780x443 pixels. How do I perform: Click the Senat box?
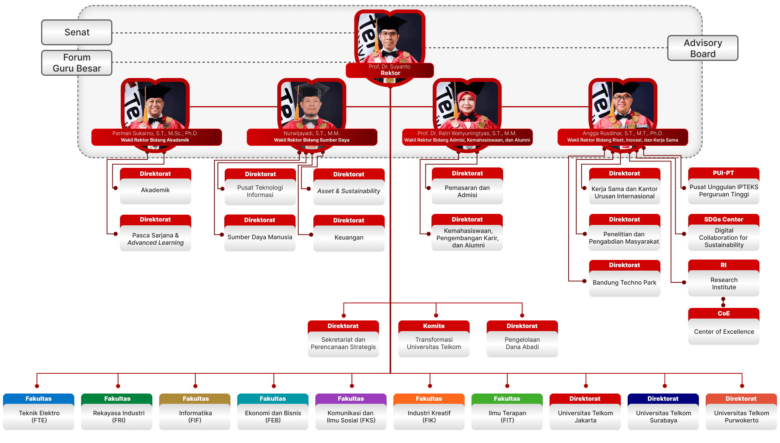point(77,32)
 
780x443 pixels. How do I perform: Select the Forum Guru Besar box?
point(77,63)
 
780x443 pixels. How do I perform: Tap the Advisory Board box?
point(703,48)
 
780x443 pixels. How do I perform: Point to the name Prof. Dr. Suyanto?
point(389,67)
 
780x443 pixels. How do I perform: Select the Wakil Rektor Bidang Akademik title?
point(155,140)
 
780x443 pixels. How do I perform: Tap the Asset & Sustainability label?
point(349,191)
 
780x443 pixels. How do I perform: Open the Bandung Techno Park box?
point(624,283)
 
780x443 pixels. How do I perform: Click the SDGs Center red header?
point(724,219)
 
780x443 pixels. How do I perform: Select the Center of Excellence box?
point(724,331)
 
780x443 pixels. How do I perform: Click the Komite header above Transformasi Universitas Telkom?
point(434,326)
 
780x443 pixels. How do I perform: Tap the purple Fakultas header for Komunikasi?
point(351,398)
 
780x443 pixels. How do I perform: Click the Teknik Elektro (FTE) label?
point(39,417)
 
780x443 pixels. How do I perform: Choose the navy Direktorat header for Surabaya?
point(663,398)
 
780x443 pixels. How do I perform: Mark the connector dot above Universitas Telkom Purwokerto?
point(742,386)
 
